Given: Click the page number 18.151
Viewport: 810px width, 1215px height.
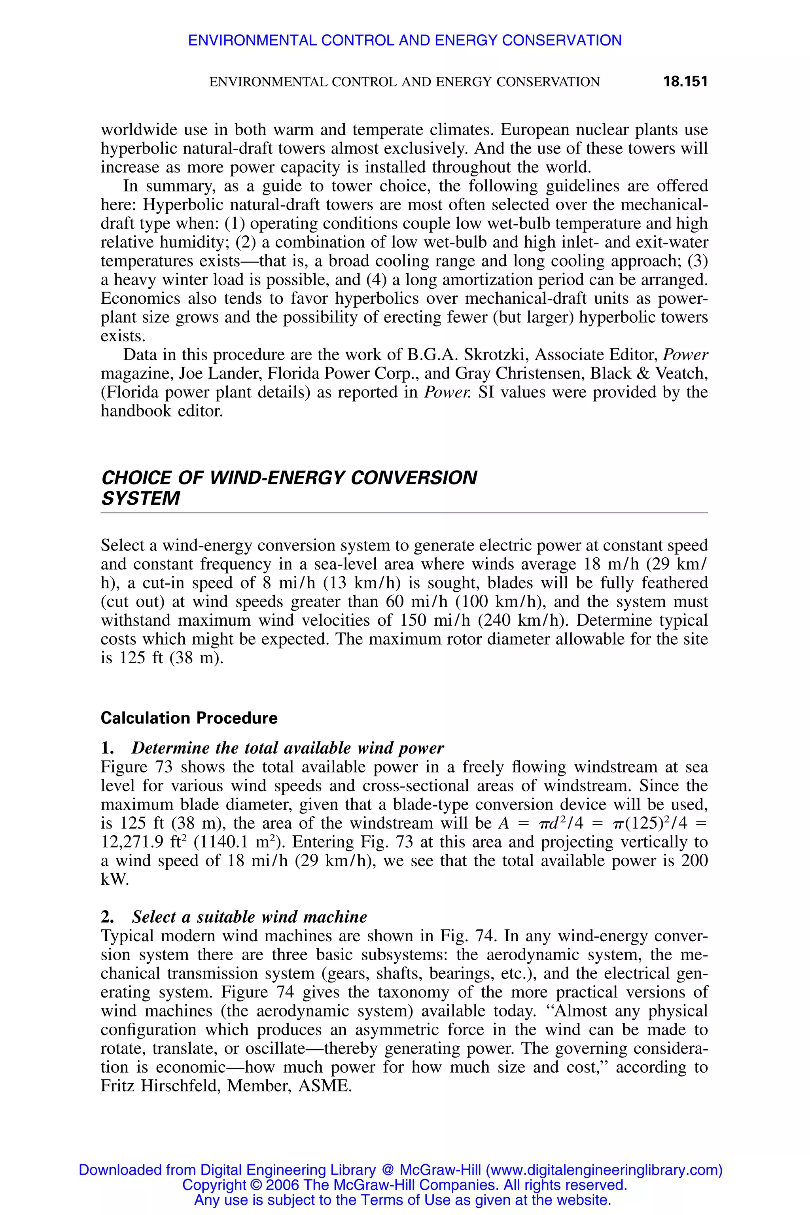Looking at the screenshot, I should click(x=685, y=81).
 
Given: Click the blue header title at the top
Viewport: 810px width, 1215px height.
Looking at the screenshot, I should click(x=405, y=40).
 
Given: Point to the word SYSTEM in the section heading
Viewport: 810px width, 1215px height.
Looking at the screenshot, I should click(x=140, y=498).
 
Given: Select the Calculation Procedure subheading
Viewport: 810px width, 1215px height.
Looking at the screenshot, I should click(x=189, y=718).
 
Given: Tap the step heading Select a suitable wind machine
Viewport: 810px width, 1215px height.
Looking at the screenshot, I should click(x=249, y=917).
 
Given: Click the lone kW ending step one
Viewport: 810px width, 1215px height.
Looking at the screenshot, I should click(x=114, y=880).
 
